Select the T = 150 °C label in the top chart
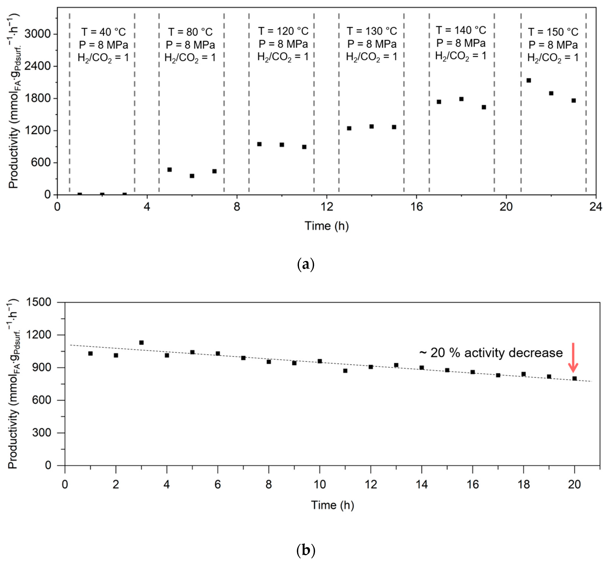(553, 32)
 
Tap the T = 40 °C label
(103, 32)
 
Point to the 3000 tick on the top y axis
(37, 34)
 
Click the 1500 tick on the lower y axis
(39, 302)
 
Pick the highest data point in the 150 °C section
(529, 80)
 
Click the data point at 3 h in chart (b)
(141, 342)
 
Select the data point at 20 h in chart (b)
(575, 379)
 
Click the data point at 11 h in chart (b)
(345, 371)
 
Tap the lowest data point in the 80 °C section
(192, 176)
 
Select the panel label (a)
(305, 264)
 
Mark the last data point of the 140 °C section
(484, 107)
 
